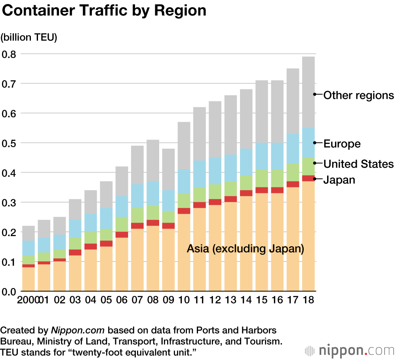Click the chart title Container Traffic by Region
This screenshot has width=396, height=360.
click(x=104, y=11)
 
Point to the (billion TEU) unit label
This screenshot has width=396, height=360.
click(x=29, y=38)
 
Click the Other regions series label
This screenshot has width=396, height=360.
click(x=359, y=95)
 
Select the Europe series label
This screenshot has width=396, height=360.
click(x=342, y=144)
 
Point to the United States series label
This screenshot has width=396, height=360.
click(x=359, y=164)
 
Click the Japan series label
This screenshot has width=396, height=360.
click(x=339, y=180)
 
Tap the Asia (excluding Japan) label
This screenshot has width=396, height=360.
click(x=246, y=249)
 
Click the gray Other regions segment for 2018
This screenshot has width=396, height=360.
click(x=308, y=92)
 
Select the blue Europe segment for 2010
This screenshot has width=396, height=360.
click(x=184, y=181)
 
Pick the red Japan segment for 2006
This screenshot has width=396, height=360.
click(x=122, y=235)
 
